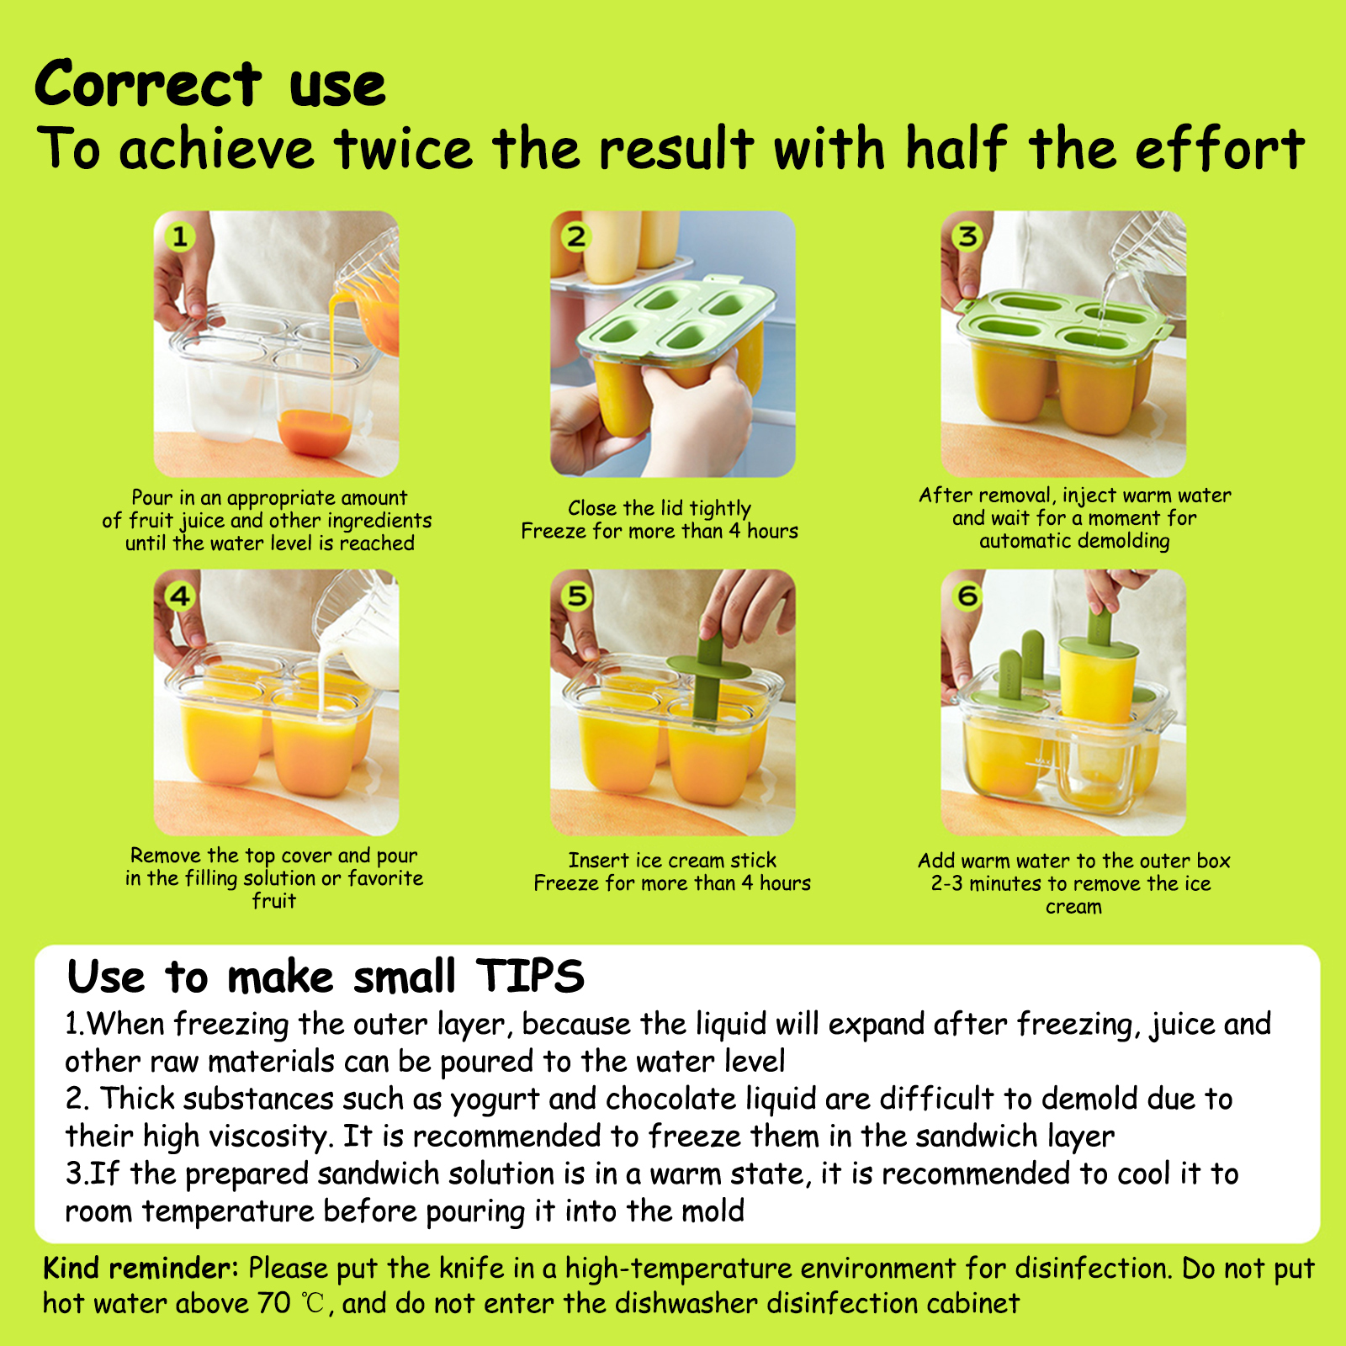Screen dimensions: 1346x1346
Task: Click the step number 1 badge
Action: point(180,237)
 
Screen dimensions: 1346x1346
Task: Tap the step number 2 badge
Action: point(576,237)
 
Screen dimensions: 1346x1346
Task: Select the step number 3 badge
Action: point(967,236)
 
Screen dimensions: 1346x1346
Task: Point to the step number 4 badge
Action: point(180,596)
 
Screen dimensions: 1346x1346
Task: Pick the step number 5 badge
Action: point(576,596)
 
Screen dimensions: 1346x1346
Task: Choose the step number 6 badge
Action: point(967,596)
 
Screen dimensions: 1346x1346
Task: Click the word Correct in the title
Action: point(148,84)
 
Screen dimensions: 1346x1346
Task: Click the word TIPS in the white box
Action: point(530,976)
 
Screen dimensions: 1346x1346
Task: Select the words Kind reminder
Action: point(140,1268)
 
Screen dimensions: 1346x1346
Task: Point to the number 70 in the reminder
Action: point(274,1303)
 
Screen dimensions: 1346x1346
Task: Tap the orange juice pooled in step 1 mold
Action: point(315,431)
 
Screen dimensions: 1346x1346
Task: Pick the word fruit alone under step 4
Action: point(274,901)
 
